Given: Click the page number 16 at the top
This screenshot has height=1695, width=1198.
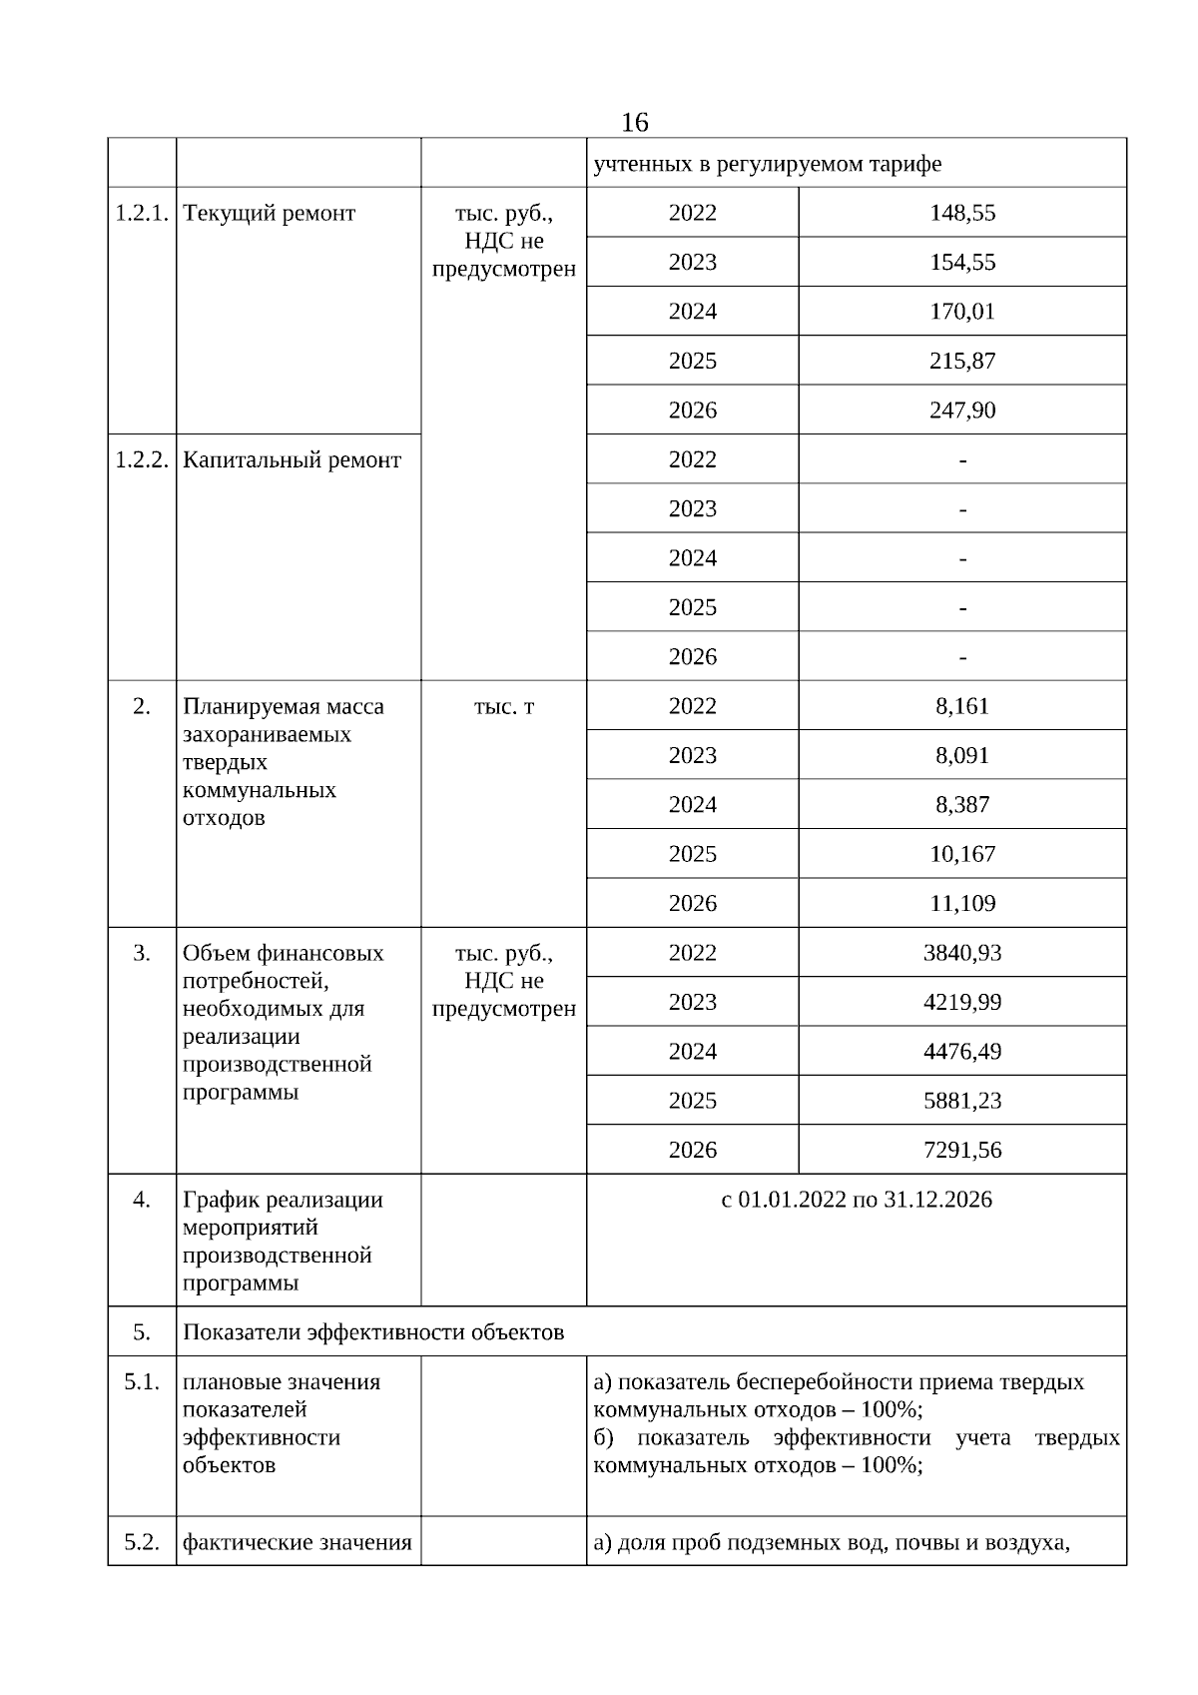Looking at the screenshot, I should click(634, 123).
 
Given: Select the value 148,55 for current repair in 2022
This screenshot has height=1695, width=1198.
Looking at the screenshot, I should click(962, 213).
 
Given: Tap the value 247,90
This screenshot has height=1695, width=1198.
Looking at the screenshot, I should click(962, 411).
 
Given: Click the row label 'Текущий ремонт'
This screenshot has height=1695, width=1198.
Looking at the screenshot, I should click(270, 213).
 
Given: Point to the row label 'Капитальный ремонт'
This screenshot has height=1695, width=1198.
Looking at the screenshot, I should click(293, 460).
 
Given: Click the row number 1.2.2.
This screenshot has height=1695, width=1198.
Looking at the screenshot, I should click(142, 460).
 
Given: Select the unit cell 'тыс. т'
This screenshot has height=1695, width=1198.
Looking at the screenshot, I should click(503, 707).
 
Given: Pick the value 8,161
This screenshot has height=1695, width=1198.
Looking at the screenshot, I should click(962, 707).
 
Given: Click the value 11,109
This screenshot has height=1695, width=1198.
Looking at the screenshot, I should click(962, 904).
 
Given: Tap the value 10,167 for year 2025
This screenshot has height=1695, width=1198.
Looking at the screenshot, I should click(962, 855).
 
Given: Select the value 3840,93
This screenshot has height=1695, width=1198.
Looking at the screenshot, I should click(962, 953).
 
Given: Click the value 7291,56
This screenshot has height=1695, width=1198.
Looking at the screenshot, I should click(962, 1151).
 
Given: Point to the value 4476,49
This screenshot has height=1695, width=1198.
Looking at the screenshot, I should click(962, 1052).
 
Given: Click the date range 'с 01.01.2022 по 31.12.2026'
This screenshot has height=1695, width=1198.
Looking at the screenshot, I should click(857, 1200).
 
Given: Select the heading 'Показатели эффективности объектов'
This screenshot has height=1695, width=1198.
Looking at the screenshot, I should click(373, 1332).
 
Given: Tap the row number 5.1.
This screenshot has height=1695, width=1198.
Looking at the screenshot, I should click(142, 1382).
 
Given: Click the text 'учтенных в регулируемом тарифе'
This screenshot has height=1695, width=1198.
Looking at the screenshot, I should click(767, 164).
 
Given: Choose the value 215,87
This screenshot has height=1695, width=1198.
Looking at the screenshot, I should click(962, 362).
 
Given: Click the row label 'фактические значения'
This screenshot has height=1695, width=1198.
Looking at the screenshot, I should click(298, 1543).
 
